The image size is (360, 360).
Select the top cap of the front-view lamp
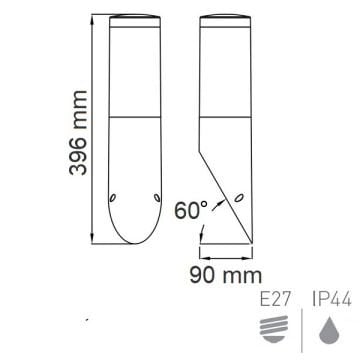click(x=132, y=20)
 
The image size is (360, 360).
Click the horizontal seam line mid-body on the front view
click(x=132, y=116)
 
